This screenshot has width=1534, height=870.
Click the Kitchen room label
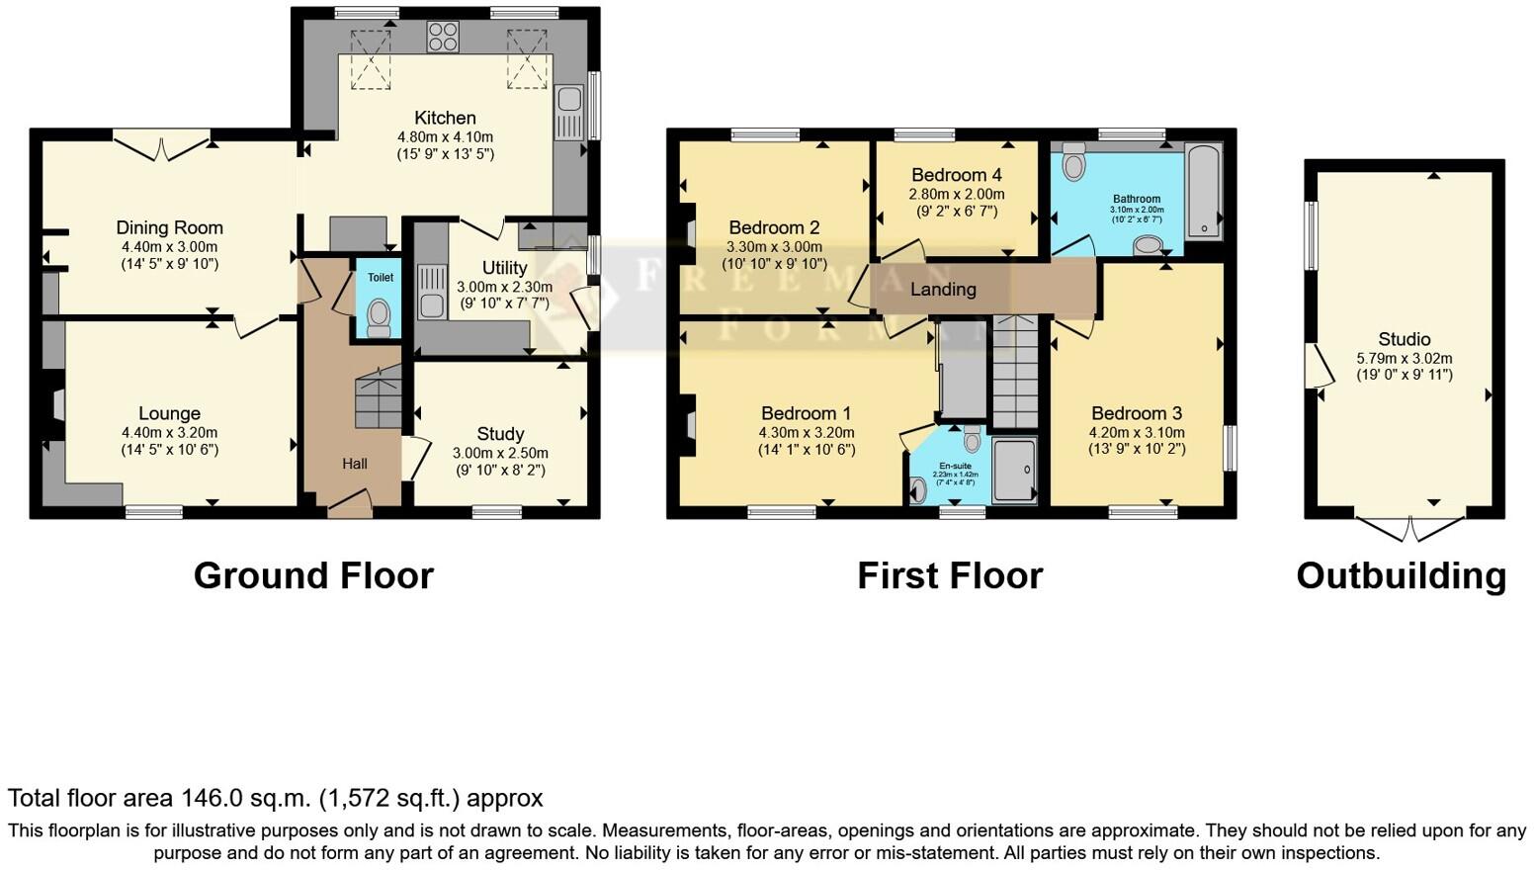point(445,118)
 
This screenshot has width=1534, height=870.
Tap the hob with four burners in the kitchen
point(442,37)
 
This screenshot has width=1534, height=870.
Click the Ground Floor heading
point(313,575)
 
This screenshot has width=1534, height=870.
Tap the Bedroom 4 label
point(957,175)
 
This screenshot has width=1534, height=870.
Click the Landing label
point(943,290)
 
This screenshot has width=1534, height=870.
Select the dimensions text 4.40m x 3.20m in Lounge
point(169,432)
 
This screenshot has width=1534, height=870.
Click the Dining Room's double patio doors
point(163,145)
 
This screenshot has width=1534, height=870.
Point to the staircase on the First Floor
point(1014,371)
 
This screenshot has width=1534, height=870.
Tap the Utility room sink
point(431,292)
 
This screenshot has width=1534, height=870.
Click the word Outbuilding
point(1401,575)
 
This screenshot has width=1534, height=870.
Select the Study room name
point(500,434)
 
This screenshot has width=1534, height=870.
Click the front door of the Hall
point(350,507)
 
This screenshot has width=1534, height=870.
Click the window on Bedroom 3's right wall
point(1230,448)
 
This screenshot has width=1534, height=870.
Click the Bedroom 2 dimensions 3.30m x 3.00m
point(774,247)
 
